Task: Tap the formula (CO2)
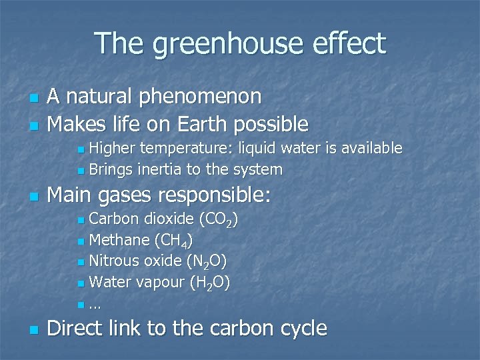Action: coord(219,220)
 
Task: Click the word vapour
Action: coord(161,283)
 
